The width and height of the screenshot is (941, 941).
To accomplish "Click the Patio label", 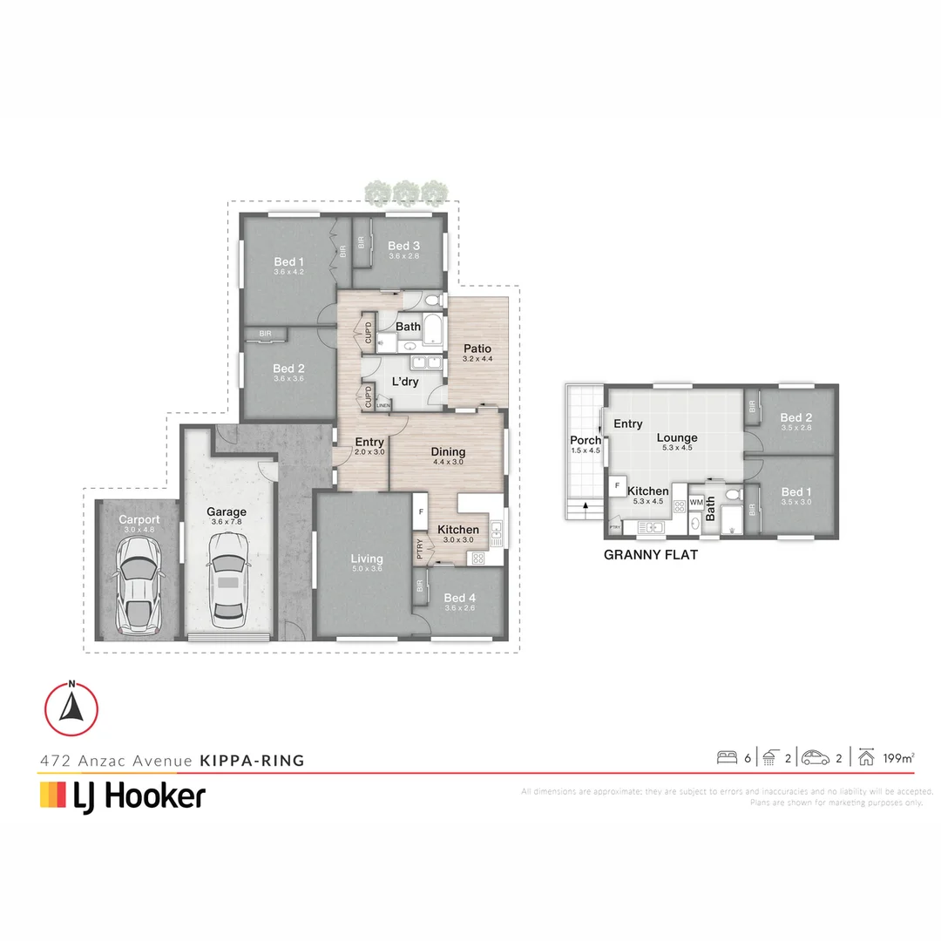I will coord(477,349).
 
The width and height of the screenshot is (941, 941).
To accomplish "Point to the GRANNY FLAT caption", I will coord(651,554).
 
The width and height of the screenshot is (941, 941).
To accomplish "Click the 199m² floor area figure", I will coord(897,758).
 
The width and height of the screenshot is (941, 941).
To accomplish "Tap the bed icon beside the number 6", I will coord(726,757).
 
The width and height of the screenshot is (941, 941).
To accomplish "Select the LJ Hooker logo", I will coord(122,795).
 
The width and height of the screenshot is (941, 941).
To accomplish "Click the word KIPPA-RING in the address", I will coord(253,760).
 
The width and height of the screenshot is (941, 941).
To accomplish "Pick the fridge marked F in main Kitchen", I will coord(420,512).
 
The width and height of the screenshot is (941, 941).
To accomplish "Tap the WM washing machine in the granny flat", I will coord(696,503).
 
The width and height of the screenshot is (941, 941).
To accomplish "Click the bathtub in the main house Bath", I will coord(433,328).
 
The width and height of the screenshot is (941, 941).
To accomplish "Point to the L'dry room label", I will coord(406,382).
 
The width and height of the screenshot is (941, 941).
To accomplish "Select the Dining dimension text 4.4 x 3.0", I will coord(448,463).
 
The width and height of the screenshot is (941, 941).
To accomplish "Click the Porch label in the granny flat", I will coord(586,440).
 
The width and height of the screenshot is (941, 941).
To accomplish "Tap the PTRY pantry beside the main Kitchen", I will coord(421,551).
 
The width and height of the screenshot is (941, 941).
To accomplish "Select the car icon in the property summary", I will coord(816,757).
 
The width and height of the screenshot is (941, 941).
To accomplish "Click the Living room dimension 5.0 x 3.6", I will coord(367,568).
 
